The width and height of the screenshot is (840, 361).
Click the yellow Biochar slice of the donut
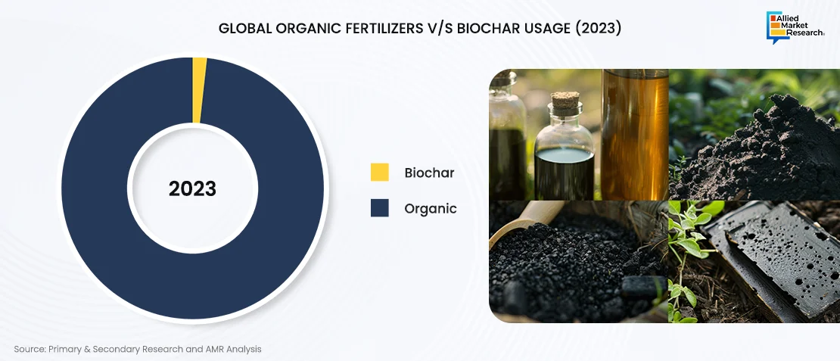198,90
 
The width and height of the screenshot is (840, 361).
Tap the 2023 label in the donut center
192,188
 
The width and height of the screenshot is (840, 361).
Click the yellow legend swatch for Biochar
380,173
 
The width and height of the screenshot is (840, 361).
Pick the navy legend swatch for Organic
380,208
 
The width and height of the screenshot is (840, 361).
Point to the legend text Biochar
429,173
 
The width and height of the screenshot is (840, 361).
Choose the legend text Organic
431,208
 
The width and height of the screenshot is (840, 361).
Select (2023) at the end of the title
598,29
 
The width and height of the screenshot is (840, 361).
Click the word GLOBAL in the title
245,29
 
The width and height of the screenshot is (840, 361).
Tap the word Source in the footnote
29,349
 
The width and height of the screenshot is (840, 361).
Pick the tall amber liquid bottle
635,134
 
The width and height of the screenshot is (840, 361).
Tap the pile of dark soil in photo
755,153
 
